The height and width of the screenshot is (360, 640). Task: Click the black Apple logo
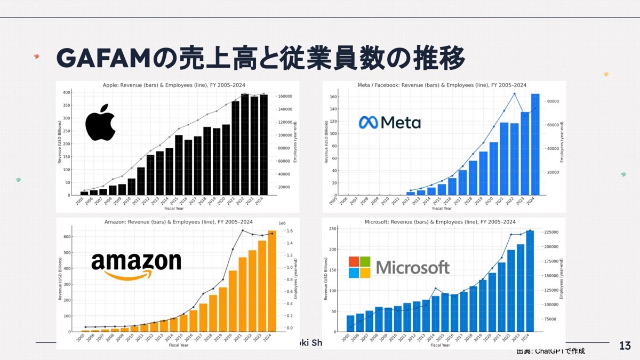tap(100, 122)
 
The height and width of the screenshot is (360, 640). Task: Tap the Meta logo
tap(389, 123)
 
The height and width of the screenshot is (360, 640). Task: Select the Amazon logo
tap(136, 265)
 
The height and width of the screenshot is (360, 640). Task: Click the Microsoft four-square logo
tap(359, 267)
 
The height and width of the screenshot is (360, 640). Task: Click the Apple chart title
tap(177, 85)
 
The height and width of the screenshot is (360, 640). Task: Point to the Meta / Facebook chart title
tap(442, 85)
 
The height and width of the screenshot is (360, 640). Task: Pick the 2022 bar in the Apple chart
tap(245, 145)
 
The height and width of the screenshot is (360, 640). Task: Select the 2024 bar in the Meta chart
tap(535, 145)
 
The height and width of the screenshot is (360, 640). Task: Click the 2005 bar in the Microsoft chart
tap(350, 324)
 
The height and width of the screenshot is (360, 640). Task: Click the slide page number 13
tap(626, 346)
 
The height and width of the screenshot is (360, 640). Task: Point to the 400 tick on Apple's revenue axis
tap(67, 92)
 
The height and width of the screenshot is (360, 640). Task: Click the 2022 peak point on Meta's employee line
tap(515, 94)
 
